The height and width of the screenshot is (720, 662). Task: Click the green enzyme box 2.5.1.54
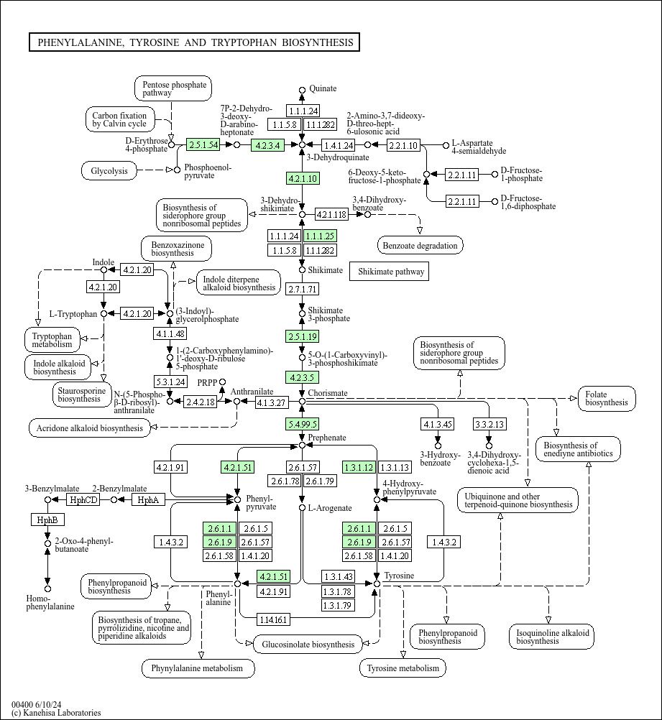point(203,145)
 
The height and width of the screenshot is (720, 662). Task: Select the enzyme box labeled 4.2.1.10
point(303,178)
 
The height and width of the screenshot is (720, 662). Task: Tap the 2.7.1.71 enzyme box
point(303,289)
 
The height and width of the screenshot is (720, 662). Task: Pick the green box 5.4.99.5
point(302,424)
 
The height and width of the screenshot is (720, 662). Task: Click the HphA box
point(148,499)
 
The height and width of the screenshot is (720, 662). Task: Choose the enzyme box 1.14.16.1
point(273,619)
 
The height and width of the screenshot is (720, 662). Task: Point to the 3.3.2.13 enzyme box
point(489,424)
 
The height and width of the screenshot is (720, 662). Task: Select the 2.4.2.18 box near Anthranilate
point(201,402)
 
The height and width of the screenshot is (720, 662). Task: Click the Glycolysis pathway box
point(109,171)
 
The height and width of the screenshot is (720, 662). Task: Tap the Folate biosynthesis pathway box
point(607,399)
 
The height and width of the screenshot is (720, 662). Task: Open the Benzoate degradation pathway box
point(420,246)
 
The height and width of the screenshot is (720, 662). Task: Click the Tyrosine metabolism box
point(403,668)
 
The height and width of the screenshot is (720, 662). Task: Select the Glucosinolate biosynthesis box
point(308,645)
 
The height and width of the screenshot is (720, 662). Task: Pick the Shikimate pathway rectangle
point(391,272)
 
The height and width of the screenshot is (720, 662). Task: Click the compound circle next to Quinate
point(302,90)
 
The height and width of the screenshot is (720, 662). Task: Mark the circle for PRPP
point(222,382)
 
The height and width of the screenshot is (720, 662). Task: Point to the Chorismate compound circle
point(302,402)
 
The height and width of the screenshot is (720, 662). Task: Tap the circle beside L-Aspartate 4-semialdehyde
point(446,146)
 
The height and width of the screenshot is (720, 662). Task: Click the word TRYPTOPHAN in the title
point(244,42)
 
